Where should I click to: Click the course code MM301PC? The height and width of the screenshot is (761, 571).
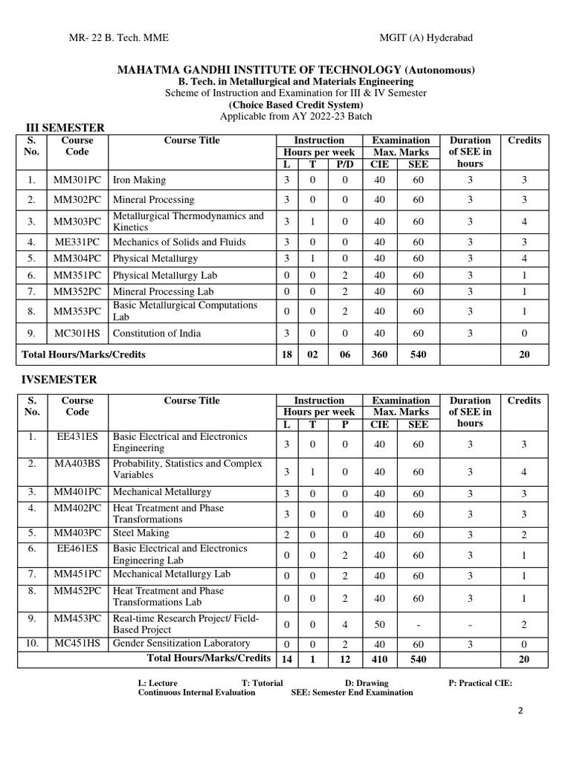[77, 180]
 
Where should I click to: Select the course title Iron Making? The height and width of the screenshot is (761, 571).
[139, 180]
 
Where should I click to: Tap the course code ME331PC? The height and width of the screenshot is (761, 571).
[77, 242]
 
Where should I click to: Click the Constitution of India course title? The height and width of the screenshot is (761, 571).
[157, 333]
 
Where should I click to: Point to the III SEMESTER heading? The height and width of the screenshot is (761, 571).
[65, 128]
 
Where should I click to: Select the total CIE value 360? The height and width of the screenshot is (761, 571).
[379, 354]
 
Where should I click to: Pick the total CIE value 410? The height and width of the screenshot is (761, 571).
[379, 659]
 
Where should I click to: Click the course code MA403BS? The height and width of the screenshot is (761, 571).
[77, 464]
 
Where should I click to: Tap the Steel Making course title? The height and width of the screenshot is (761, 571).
[141, 533]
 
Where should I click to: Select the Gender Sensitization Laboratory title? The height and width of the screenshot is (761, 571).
[181, 644]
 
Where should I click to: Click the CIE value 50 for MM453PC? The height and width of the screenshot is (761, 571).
[379, 624]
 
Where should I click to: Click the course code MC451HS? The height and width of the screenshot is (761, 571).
[77, 644]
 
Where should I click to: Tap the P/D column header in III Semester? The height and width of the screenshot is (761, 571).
[344, 163]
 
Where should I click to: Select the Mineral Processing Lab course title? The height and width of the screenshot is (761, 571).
[163, 292]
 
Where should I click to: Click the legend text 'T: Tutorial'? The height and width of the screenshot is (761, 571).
[262, 683]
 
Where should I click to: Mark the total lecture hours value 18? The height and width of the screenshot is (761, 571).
[286, 354]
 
